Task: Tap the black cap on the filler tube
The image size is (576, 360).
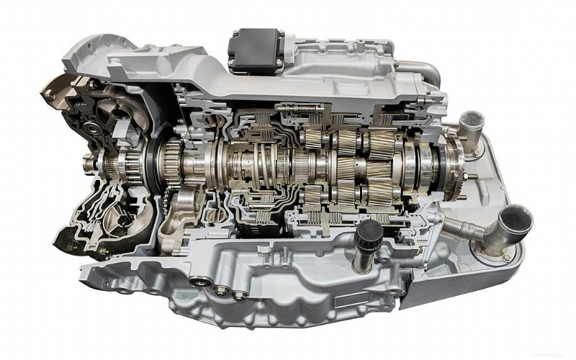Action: tap(368, 231)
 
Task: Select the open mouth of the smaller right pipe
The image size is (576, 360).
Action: tap(472, 119)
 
